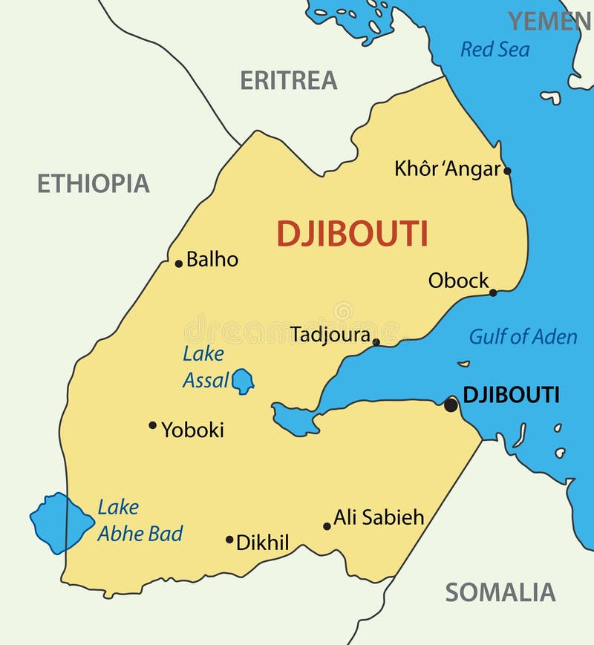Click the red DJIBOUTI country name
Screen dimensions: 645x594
[x=352, y=234]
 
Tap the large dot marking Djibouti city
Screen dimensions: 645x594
[x=451, y=405]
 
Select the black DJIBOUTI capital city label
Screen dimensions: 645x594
[x=511, y=395]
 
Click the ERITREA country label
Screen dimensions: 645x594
[x=288, y=80]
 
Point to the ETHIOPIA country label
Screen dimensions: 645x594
[x=94, y=183]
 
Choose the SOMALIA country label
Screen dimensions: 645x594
[x=500, y=592]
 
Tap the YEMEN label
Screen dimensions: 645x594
[x=549, y=22]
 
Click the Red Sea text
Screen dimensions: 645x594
[x=495, y=50]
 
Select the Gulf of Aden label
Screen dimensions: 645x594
[x=523, y=337]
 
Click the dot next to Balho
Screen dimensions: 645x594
[x=178, y=263]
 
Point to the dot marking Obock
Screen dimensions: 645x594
[x=493, y=292]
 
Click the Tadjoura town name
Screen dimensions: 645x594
[x=330, y=335]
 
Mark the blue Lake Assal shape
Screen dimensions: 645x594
[x=242, y=381]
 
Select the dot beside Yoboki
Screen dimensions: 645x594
[x=152, y=425]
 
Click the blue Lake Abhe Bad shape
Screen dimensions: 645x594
[x=59, y=522]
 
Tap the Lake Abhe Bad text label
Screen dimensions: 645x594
[x=139, y=520]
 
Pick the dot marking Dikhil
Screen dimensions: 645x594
[x=229, y=540]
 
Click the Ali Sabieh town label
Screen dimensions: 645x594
[x=379, y=517]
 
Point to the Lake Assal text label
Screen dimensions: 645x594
[x=204, y=367]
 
